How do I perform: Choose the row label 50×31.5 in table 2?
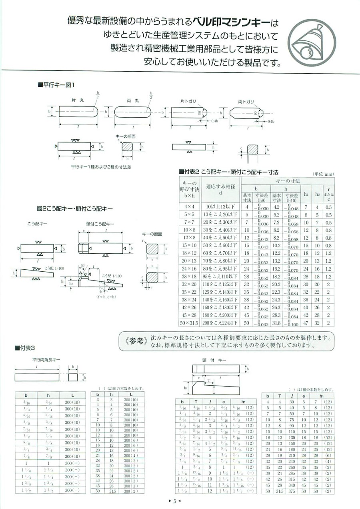pyautogui.click(x=190, y=323)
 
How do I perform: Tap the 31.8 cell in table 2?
pyautogui.click(x=276, y=323)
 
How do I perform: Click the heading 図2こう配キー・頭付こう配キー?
pyautogui.click(x=75, y=208)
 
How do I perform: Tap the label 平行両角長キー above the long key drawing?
pyautogui.click(x=46, y=360)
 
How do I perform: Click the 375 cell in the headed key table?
pyautogui.click(x=292, y=491)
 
